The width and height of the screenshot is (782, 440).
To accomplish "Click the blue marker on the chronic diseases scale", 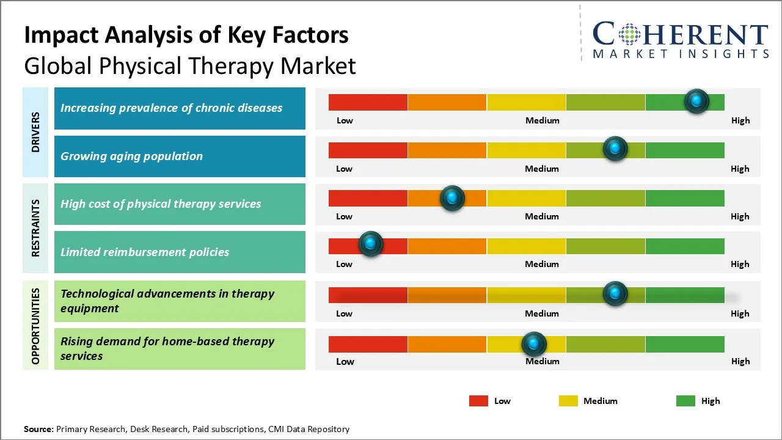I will pyautogui.click(x=696, y=101).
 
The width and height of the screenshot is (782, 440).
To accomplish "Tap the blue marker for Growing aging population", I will pyautogui.click(x=615, y=149).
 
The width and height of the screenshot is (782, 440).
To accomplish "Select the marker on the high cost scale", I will pyautogui.click(x=452, y=198).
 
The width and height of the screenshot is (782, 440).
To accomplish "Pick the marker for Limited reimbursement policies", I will pyautogui.click(x=370, y=244).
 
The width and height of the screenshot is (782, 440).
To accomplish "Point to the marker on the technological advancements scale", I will pyautogui.click(x=615, y=294).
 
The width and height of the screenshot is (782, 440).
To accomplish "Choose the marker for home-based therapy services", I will pyautogui.click(x=534, y=344).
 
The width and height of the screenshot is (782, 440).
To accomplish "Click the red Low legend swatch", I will pyautogui.click(x=478, y=401).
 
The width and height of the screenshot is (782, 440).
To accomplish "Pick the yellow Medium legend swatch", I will pyautogui.click(x=568, y=401).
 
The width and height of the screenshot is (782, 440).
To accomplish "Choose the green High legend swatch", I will pyautogui.click(x=685, y=401).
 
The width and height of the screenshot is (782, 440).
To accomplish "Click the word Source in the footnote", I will pyautogui.click(x=38, y=429).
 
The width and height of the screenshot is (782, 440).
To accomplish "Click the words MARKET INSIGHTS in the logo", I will pyautogui.click(x=681, y=54).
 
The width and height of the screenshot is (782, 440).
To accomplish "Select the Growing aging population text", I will pyautogui.click(x=131, y=156).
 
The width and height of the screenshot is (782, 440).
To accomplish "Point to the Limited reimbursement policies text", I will pyautogui.click(x=145, y=252).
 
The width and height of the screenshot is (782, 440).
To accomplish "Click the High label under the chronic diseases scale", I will pyautogui.click(x=740, y=120).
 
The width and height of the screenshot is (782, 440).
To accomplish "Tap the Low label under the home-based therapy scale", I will pyautogui.click(x=345, y=361).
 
